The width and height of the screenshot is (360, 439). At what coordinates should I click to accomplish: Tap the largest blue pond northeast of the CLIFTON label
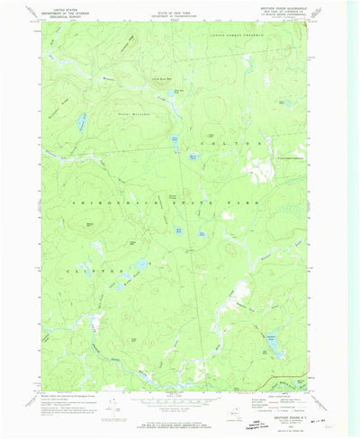140,265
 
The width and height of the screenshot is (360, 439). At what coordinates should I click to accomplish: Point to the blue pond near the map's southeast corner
271,340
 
